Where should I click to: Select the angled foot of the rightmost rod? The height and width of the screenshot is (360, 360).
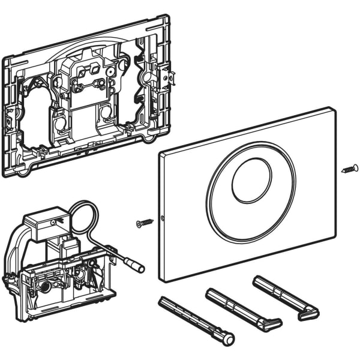310,313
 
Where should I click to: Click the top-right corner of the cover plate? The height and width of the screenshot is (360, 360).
334,109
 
